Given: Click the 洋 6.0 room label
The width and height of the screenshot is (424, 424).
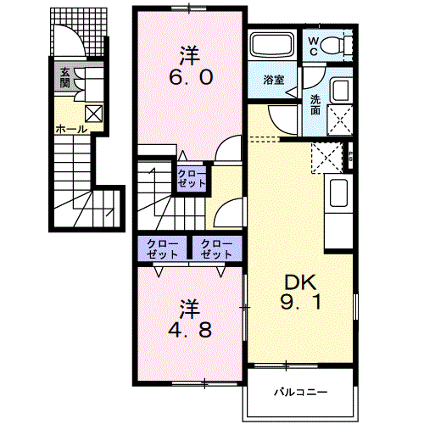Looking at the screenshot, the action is [x=190, y=66].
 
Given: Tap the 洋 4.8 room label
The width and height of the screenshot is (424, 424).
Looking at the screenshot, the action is [x=190, y=318].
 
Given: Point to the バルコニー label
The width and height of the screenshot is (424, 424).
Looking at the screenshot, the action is [x=301, y=392].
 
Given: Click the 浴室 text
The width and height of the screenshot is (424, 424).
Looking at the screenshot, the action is [x=274, y=80].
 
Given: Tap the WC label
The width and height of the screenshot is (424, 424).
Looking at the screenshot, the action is [x=313, y=47].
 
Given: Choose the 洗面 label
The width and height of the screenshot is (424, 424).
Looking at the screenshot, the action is [x=315, y=104].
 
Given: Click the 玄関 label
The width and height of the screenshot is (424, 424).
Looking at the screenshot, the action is [x=64, y=78].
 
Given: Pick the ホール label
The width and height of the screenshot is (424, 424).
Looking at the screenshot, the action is [x=72, y=130].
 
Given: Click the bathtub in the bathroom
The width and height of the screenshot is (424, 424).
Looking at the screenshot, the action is [x=273, y=45].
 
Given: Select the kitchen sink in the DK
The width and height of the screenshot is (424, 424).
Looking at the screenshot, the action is [x=338, y=193].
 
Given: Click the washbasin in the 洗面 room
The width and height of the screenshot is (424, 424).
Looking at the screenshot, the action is [x=340, y=91].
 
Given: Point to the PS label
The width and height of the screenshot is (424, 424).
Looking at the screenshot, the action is [x=351, y=156].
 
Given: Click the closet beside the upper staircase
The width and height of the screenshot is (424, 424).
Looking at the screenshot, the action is [x=192, y=179].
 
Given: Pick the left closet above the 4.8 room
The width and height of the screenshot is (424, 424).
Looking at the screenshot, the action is [x=162, y=248].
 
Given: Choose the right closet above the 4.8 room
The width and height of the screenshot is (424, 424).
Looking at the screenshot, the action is [x=217, y=248].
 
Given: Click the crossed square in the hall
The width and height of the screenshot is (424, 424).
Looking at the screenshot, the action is [x=93, y=114].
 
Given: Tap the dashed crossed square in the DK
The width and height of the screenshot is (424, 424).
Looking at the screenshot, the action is [x=327, y=158].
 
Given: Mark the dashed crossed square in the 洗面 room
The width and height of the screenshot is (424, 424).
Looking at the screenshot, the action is [x=340, y=120].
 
